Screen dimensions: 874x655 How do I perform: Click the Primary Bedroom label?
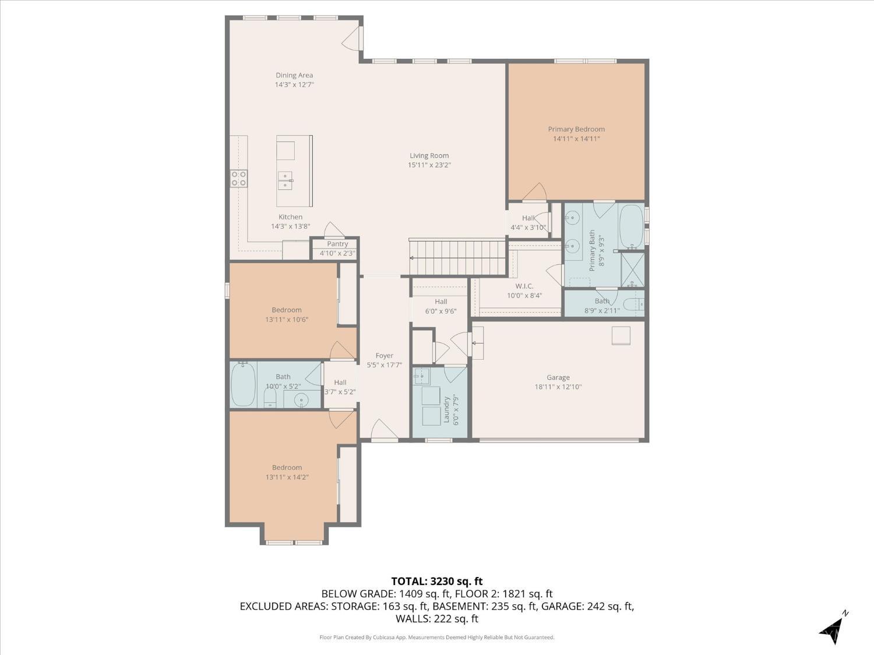coord(576,129)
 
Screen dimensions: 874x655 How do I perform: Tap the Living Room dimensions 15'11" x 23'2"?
coord(429,165)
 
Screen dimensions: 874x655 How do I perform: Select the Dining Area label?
coord(294,75)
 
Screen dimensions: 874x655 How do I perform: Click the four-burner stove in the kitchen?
coord(238,179)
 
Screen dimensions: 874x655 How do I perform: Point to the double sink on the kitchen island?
coord(285,180)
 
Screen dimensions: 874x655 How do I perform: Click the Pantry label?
coord(337,244)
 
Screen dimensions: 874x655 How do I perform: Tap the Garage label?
coord(558,377)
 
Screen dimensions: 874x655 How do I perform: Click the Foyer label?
coord(384,356)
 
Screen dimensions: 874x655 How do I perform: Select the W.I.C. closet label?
coord(524,286)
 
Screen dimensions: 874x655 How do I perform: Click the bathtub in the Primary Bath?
coord(631,226)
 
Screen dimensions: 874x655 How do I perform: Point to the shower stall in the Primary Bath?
coord(633,269)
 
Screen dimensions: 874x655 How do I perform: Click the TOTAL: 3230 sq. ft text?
coord(437,582)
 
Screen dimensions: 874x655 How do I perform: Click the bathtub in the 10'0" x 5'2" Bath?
coord(244,384)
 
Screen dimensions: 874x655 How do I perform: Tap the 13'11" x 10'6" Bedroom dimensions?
coord(287,319)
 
